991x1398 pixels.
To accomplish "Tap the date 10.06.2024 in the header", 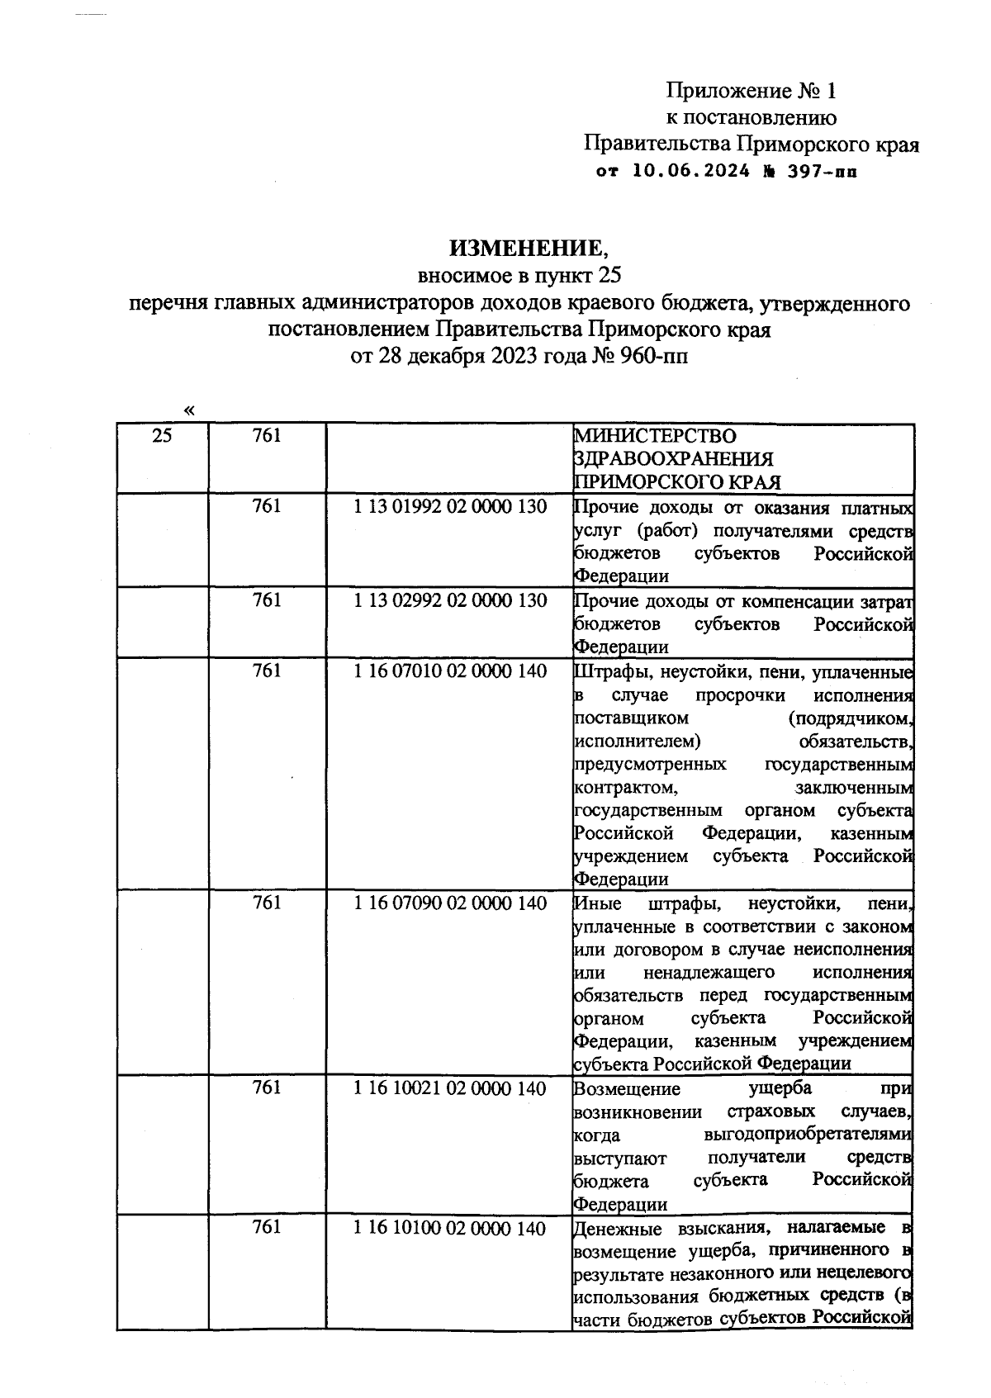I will pyautogui.click(x=692, y=172).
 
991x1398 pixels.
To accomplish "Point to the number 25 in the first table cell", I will pyautogui.click(x=163, y=435).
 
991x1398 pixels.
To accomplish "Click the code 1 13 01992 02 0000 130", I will pyautogui.click(x=450, y=506).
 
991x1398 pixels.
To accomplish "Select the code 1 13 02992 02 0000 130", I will pyautogui.click(x=450, y=600).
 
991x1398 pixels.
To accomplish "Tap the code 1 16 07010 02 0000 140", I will pyautogui.click(x=450, y=671).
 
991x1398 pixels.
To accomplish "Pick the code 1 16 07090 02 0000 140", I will pyautogui.click(x=450, y=903).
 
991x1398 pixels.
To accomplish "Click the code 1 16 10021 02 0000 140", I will pyautogui.click(x=450, y=1088).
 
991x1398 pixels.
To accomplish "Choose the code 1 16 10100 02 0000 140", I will pyautogui.click(x=450, y=1228).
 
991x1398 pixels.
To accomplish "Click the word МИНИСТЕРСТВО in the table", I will pyautogui.click(x=655, y=435).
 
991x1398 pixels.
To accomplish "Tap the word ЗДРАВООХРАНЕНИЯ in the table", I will pyautogui.click(x=674, y=458).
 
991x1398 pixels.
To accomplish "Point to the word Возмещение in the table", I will pyautogui.click(x=626, y=1088).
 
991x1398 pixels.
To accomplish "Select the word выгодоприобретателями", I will pyautogui.click(x=808, y=1135).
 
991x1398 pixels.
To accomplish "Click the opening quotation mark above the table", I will pyautogui.click(x=191, y=410).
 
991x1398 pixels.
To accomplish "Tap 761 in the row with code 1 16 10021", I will pyautogui.click(x=267, y=1088).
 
